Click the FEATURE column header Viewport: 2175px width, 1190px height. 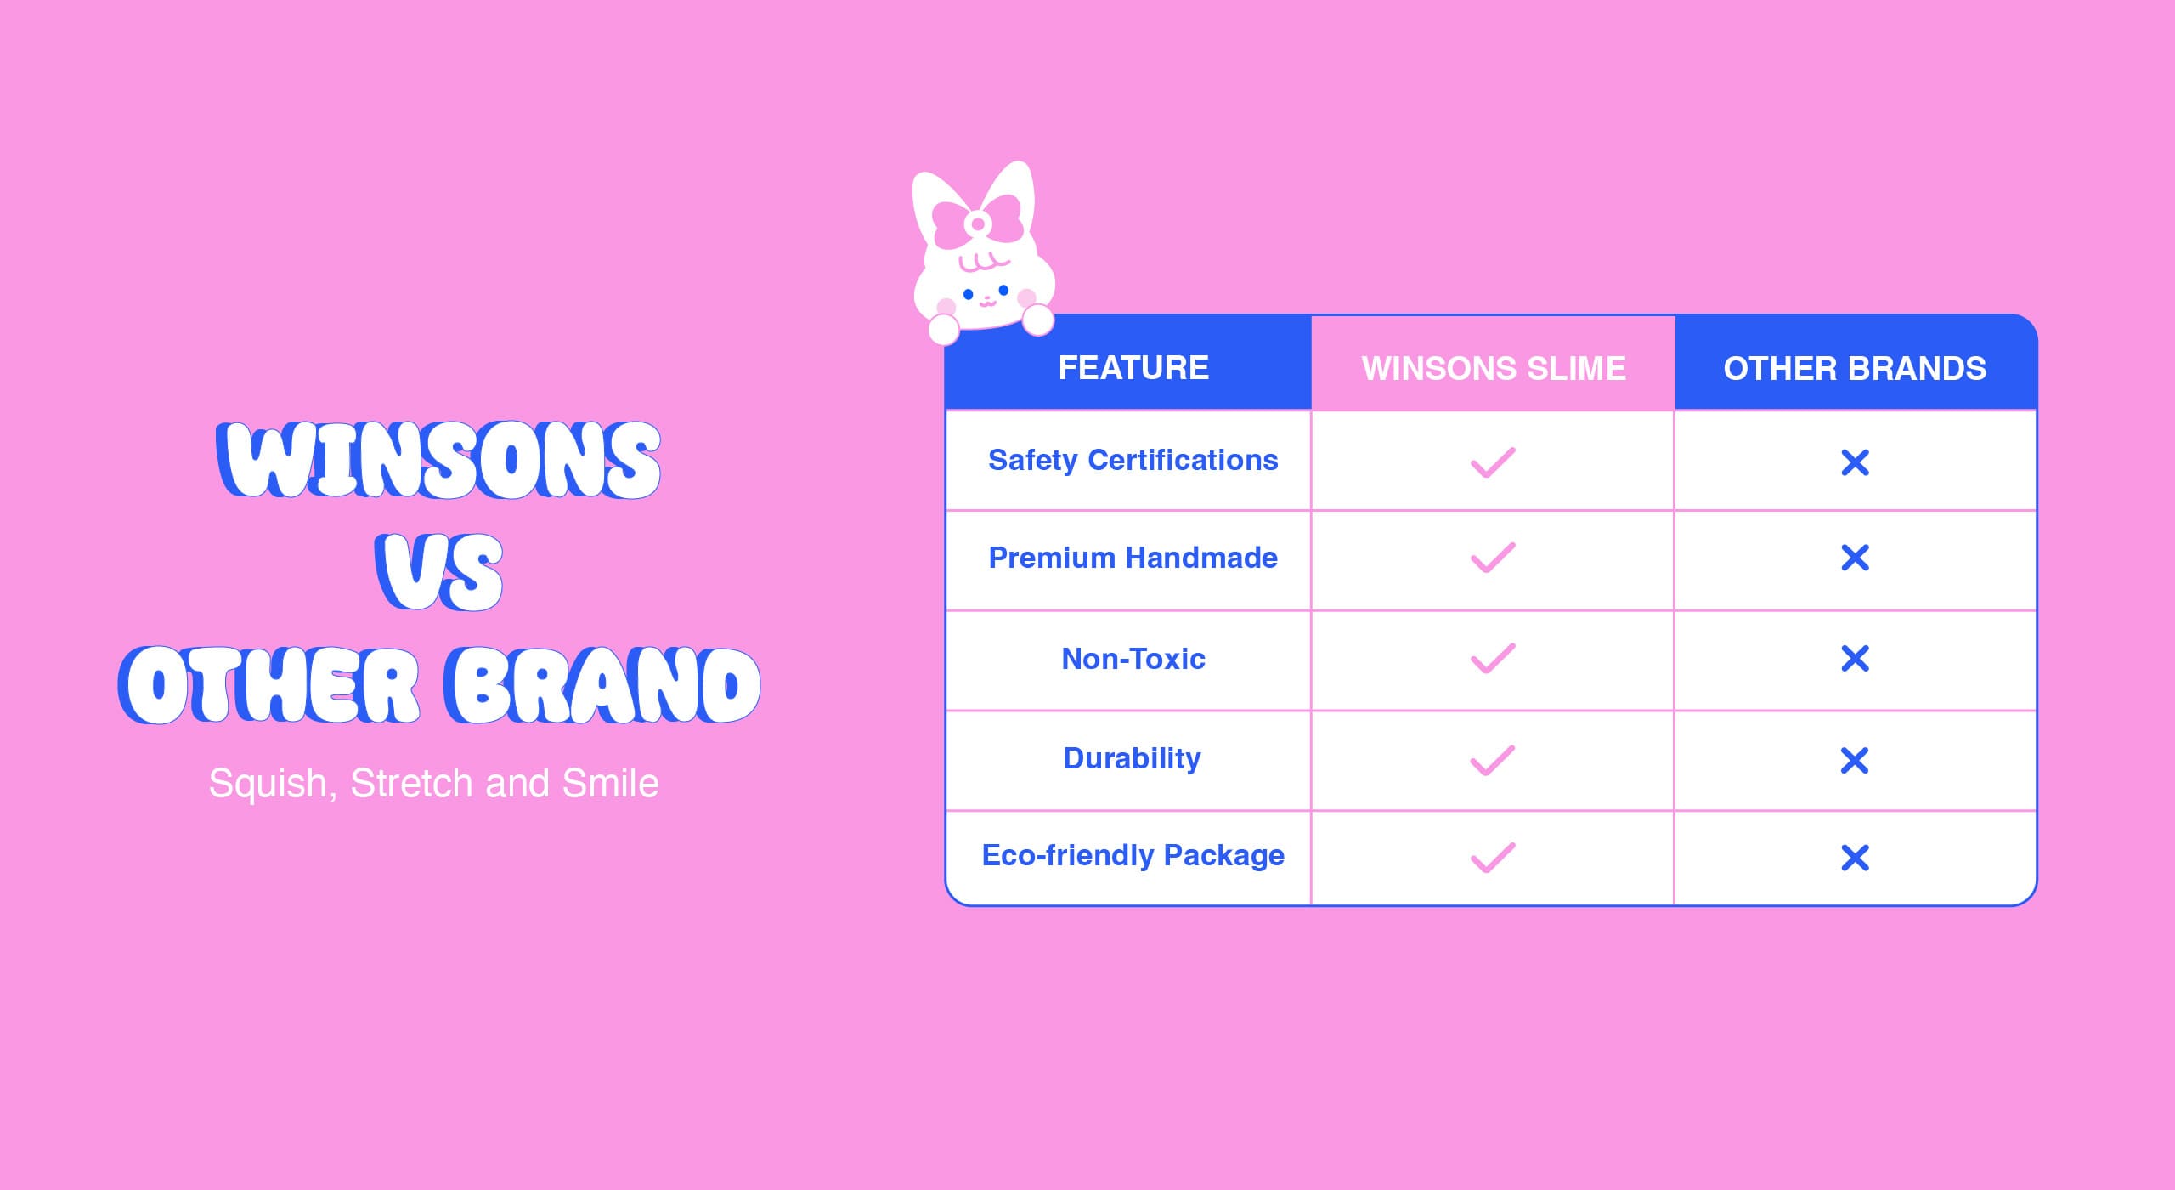[x=1133, y=368]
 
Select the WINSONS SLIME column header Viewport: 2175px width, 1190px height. [x=1494, y=369]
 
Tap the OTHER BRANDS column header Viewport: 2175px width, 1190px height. [x=1855, y=369]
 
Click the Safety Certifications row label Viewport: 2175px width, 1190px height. [x=1133, y=461]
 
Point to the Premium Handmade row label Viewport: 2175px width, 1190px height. [x=1133, y=558]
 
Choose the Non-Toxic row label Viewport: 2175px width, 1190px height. [x=1133, y=659]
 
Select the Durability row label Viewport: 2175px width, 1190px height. [x=1132, y=758]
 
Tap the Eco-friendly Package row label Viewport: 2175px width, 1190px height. [x=1133, y=856]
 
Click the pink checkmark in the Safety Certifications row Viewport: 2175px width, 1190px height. [x=1493, y=463]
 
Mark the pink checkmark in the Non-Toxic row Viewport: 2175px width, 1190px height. [x=1493, y=659]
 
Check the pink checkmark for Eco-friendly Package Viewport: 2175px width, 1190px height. [x=1493, y=858]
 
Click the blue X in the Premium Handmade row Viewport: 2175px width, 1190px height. [x=1855, y=558]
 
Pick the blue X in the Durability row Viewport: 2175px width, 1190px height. [x=1855, y=761]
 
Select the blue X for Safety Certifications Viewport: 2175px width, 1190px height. [x=1855, y=463]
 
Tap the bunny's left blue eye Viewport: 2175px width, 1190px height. [x=968, y=295]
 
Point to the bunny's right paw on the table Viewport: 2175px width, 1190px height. [x=1037, y=320]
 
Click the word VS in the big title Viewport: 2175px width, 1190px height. [x=438, y=571]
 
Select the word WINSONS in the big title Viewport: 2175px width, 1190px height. [x=438, y=459]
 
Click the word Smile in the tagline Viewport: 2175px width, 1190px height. [x=610, y=783]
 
